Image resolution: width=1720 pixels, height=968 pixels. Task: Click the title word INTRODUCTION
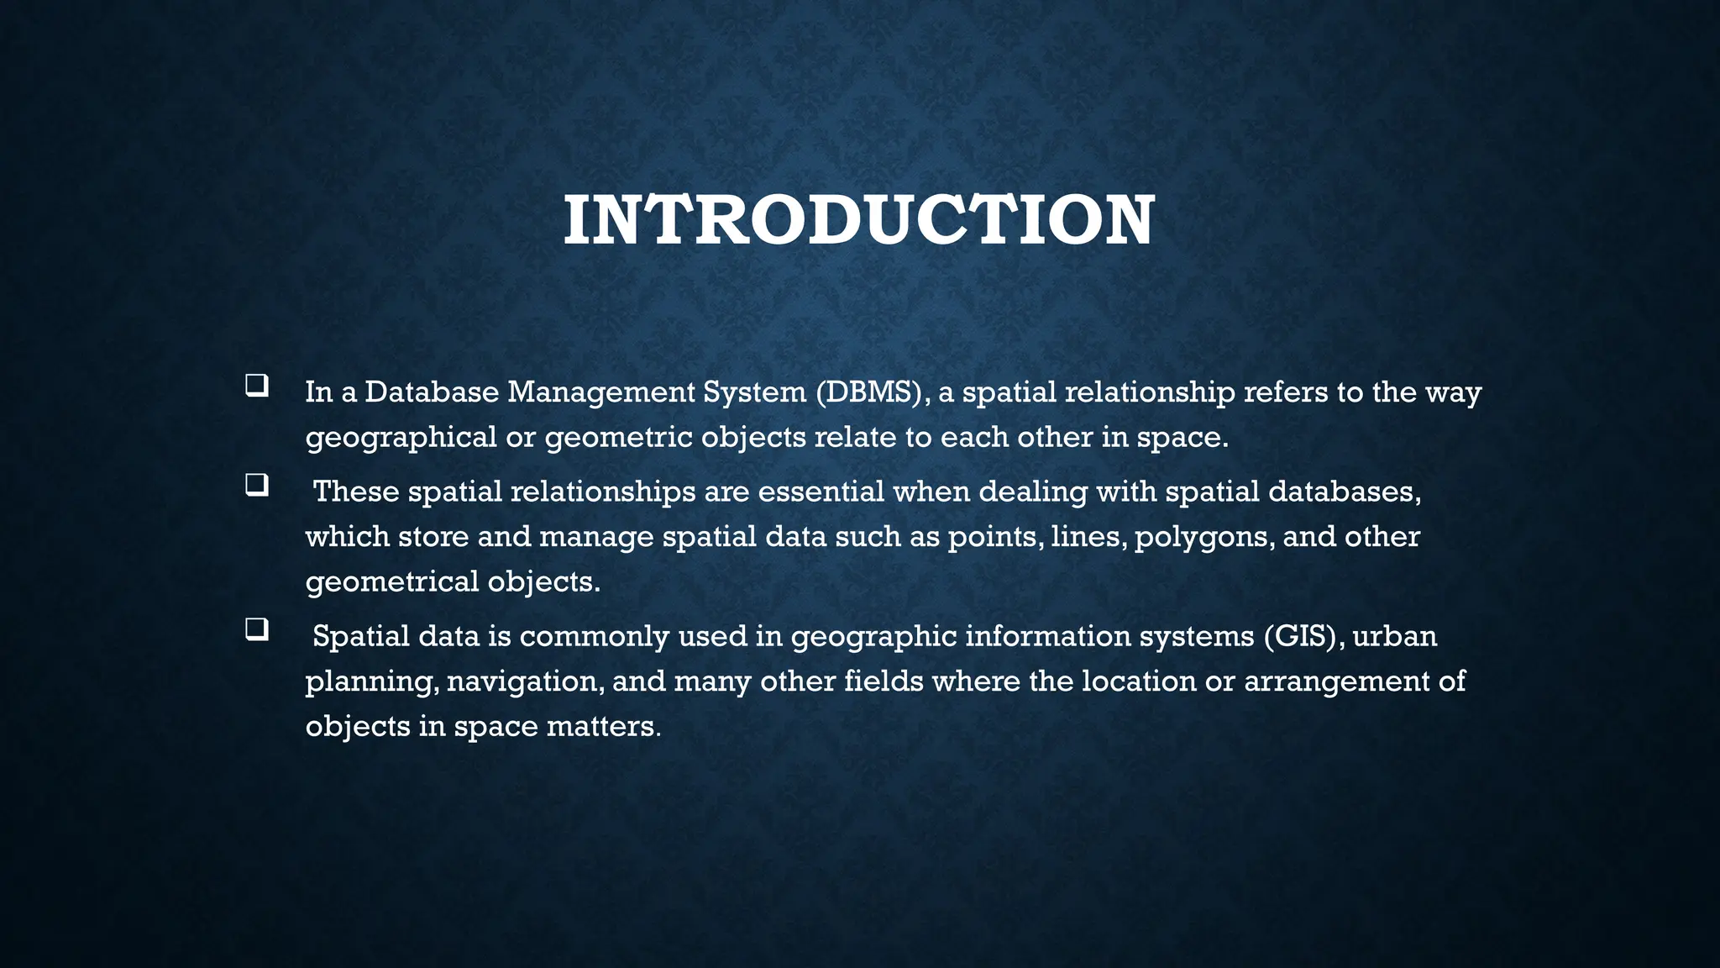858,220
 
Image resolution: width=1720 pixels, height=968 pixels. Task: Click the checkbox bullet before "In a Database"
256,386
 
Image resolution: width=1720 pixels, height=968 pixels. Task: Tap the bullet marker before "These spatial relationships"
256,486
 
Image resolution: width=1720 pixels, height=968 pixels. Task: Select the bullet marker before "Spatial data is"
256,630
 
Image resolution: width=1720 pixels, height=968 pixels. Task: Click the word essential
821,492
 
